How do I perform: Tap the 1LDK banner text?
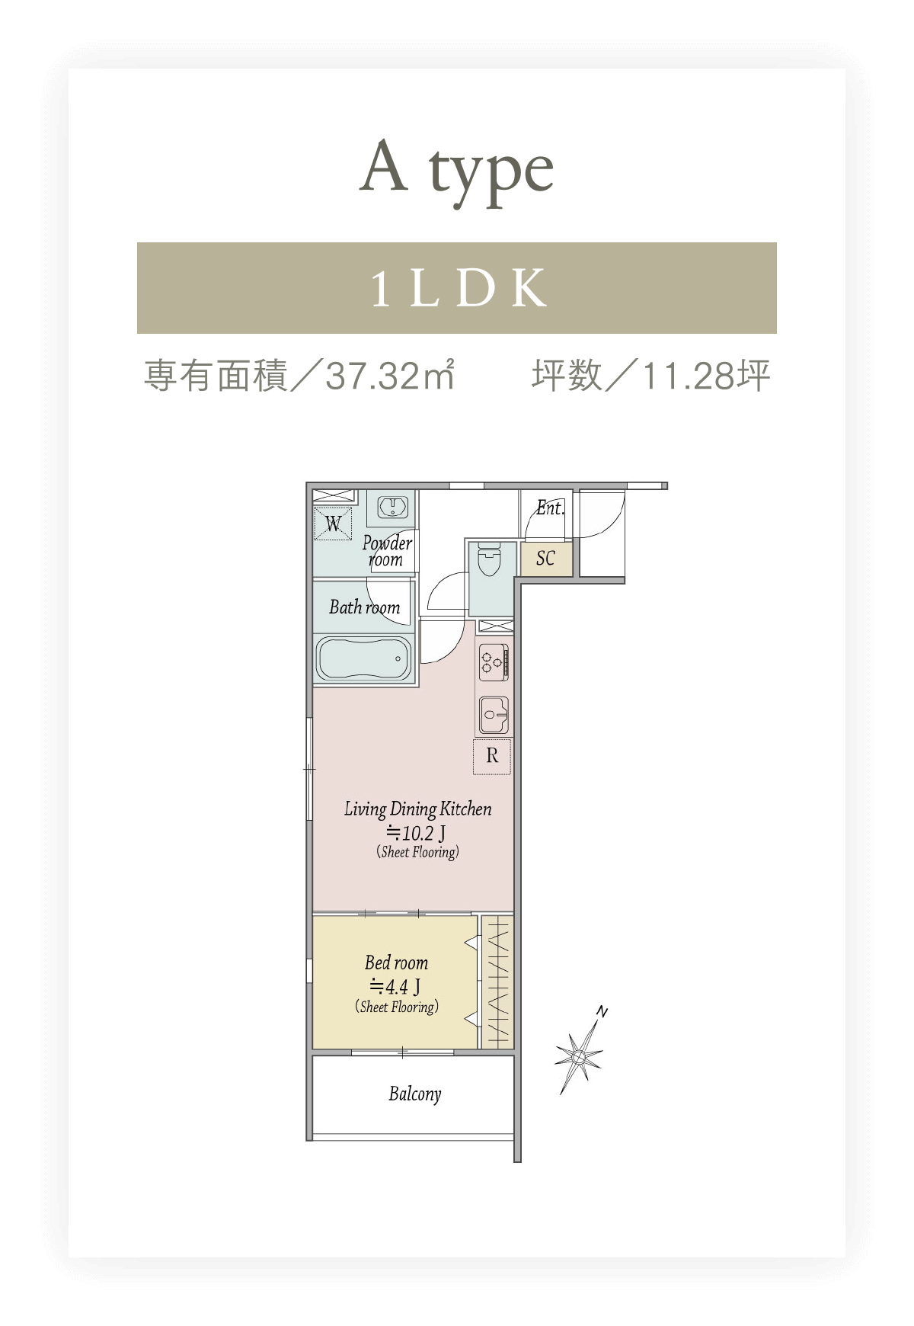[459, 288]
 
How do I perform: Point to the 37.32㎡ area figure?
[391, 376]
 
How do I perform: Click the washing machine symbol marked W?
[333, 524]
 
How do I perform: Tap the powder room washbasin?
[392, 507]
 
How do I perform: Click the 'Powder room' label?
[387, 550]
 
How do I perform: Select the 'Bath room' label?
[365, 607]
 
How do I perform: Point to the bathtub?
[364, 658]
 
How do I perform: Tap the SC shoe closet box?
[545, 559]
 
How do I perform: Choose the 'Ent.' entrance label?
[550, 508]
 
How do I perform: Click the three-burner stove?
[493, 661]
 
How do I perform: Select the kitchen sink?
[494, 715]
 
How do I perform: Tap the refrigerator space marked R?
[492, 756]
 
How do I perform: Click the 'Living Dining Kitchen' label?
[418, 809]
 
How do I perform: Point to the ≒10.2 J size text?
[416, 833]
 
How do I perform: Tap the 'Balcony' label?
[415, 1094]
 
